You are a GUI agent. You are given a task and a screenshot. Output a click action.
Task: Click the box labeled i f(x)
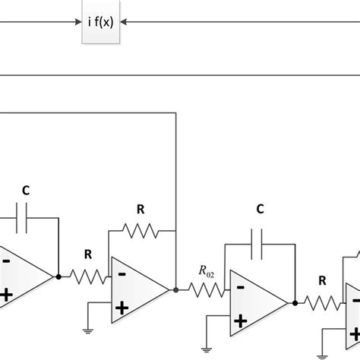point(99,23)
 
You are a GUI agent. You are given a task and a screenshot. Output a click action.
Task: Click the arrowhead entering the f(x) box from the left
point(77,23)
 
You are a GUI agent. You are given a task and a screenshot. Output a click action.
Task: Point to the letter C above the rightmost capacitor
point(260,209)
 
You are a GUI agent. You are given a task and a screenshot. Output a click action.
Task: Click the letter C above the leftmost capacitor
point(26,191)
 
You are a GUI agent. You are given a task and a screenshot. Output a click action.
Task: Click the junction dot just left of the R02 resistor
point(176,289)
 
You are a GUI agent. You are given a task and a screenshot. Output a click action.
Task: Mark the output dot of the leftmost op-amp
point(58,276)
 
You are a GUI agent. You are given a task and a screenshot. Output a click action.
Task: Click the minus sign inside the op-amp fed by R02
point(240,286)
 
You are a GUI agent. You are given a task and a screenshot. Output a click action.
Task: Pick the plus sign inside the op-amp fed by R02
point(240,321)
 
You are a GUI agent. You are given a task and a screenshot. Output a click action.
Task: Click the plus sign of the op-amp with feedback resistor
point(120,308)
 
